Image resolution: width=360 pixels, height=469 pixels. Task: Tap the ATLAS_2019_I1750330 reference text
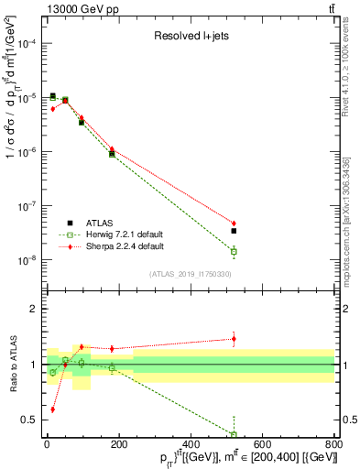point(190,274)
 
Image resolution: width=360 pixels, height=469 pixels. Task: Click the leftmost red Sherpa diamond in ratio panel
point(52,409)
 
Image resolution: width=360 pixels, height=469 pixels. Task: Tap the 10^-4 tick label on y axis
point(26,43)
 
